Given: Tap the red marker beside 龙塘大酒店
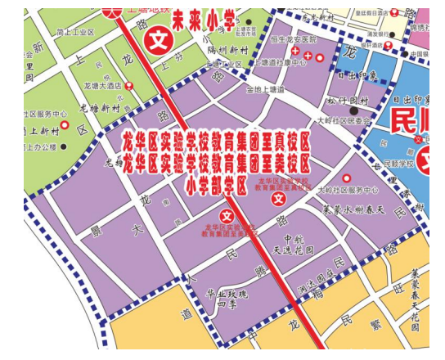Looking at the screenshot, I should pos(129,85).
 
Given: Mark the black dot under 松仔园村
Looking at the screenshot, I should pos(354,110).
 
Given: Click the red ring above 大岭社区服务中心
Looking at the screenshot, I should pos(346,178).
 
